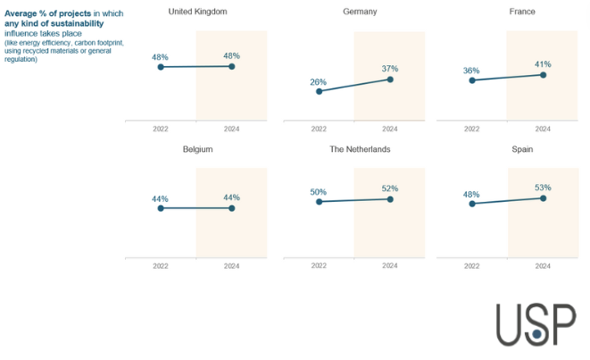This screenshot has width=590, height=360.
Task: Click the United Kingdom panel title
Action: click(197, 12)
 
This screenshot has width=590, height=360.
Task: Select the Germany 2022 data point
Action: click(319, 91)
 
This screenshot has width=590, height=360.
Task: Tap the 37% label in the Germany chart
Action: click(390, 69)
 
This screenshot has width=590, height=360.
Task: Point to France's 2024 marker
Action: click(543, 75)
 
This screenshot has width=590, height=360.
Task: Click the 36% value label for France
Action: click(471, 71)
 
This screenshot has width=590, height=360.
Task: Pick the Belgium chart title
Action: click(197, 149)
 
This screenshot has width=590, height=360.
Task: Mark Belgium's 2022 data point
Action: click(161, 208)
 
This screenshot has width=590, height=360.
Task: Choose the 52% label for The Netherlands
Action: click(390, 188)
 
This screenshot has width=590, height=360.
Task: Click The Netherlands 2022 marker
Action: click(319, 202)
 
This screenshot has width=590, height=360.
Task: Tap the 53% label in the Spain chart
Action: click(543, 188)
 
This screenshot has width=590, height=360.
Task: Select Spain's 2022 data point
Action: click(472, 204)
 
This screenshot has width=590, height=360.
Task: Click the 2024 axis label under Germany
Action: click(390, 129)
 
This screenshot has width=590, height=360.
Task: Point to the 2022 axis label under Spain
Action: click(471, 266)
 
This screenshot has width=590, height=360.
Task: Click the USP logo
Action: click(536, 324)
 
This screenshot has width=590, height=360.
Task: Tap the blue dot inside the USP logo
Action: click(537, 333)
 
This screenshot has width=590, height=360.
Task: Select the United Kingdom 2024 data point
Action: click(232, 67)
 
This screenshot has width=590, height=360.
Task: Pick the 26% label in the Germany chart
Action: click(318, 82)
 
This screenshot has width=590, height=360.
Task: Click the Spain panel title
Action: click(522, 149)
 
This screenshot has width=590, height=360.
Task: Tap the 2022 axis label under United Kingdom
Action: click(161, 129)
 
